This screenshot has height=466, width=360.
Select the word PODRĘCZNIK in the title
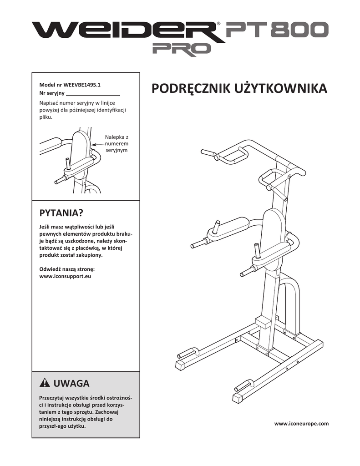coord(188,88)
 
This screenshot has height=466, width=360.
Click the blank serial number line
coord(93,94)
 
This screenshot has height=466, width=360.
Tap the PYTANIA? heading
coord(61,213)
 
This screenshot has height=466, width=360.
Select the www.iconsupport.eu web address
coord(66,276)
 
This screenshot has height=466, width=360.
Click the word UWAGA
coord(71,383)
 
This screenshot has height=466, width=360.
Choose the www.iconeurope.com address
coord(301,423)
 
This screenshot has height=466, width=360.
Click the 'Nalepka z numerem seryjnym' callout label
coord(117,143)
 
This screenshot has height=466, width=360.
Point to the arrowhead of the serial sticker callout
coord(92,144)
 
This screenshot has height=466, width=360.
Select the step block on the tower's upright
coord(264,322)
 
